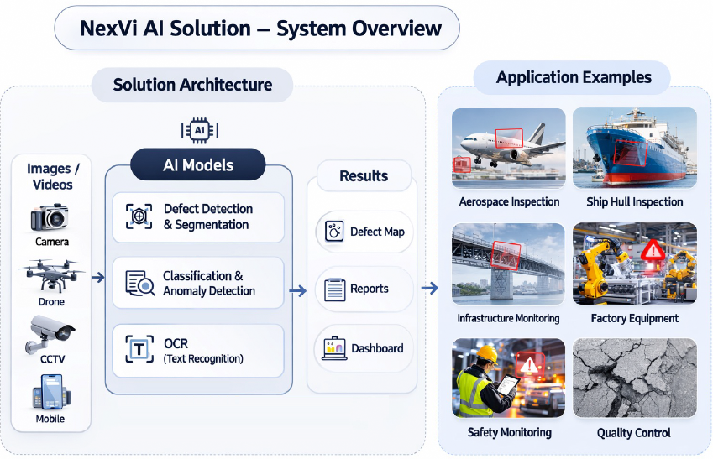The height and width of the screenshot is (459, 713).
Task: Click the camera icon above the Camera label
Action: pyautogui.click(x=50, y=217)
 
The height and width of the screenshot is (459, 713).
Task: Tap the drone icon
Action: pyautogui.click(x=50, y=276)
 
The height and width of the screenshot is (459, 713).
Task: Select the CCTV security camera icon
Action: pyautogui.click(x=51, y=333)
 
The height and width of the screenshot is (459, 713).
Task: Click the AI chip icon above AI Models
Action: pyautogui.click(x=199, y=131)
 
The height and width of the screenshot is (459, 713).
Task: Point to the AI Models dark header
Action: pyautogui.click(x=198, y=165)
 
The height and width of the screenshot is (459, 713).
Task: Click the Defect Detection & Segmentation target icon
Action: pyautogui.click(x=139, y=216)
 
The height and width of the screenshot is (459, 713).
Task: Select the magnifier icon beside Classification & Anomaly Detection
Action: pyautogui.click(x=139, y=283)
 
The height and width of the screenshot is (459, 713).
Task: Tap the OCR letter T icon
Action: pyautogui.click(x=139, y=349)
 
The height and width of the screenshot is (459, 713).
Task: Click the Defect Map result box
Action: pyautogui.click(x=365, y=232)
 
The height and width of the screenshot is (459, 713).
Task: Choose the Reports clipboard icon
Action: pyautogui.click(x=335, y=289)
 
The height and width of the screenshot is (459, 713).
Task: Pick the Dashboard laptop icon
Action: pyautogui.click(x=334, y=348)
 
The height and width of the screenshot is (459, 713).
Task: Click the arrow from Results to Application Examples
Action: pyautogui.click(x=429, y=289)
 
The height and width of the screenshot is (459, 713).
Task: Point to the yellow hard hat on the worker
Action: pyautogui.click(x=485, y=356)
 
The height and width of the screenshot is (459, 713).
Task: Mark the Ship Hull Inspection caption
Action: pyautogui.click(x=634, y=202)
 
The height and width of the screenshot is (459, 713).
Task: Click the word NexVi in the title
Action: pyautogui.click(x=110, y=29)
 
